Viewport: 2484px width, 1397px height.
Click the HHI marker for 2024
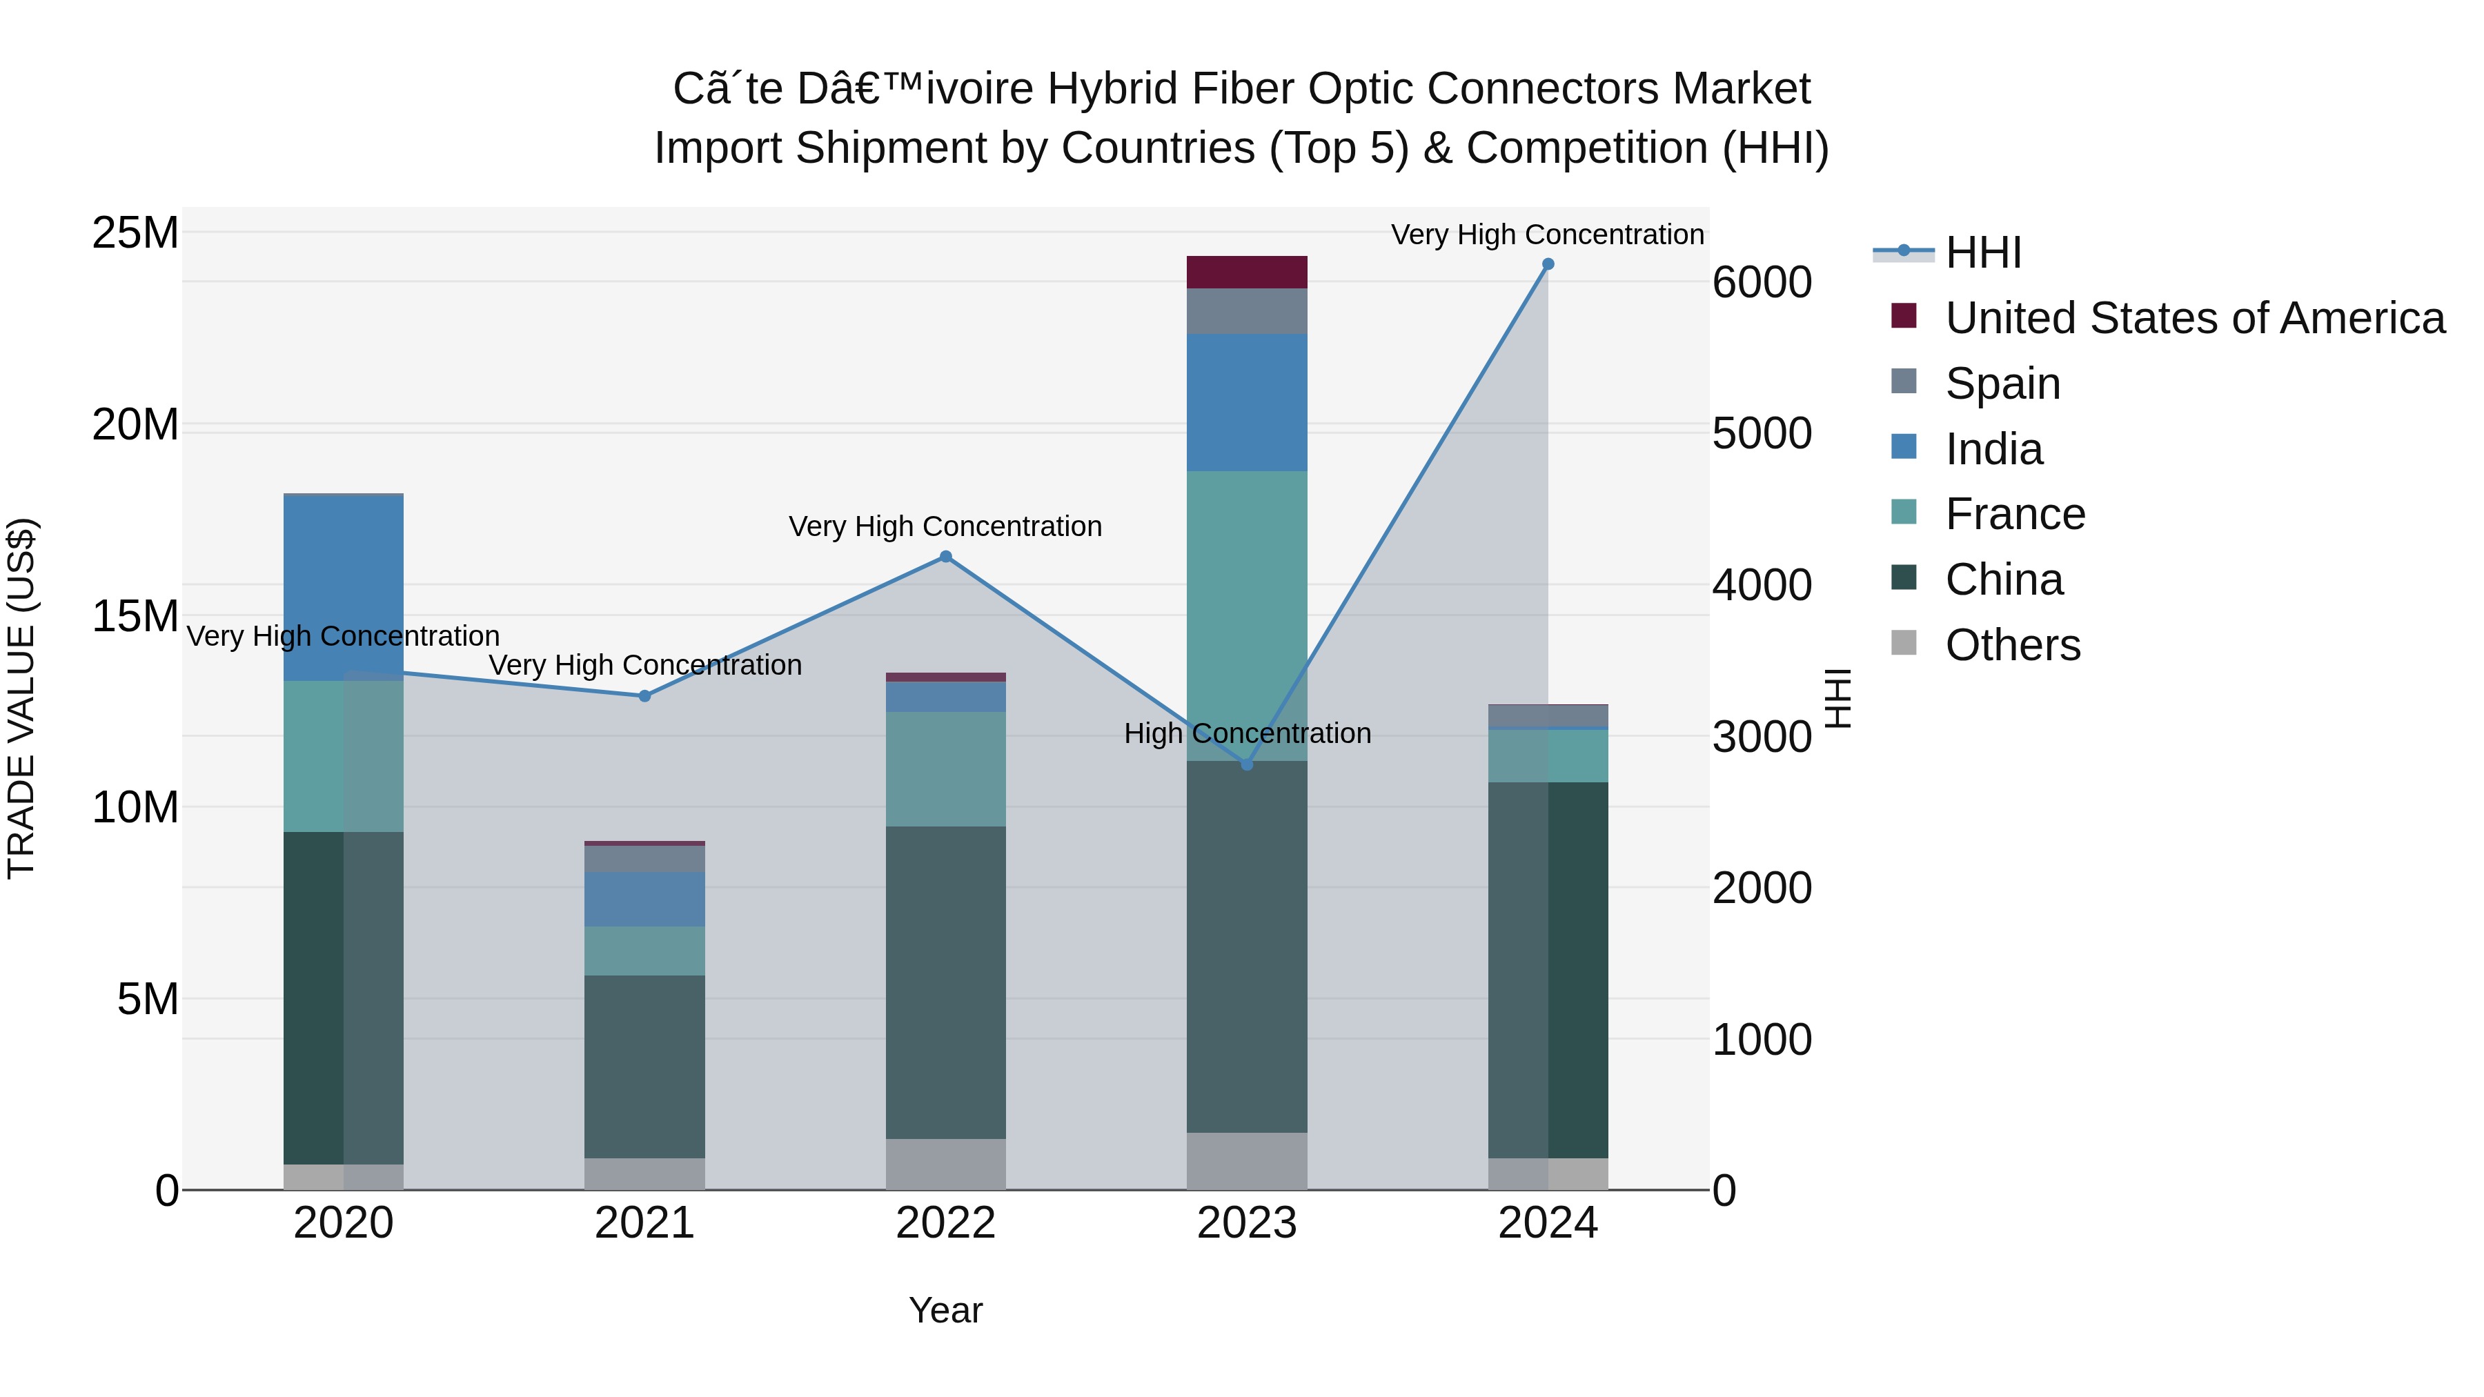(x=1548, y=264)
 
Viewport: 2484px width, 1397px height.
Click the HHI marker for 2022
(x=945, y=556)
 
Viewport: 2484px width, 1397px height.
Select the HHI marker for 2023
(x=1246, y=764)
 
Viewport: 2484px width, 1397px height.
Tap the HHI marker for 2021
(x=644, y=696)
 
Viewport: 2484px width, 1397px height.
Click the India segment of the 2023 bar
(x=1246, y=402)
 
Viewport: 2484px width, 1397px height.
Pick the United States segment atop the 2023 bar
(x=1246, y=272)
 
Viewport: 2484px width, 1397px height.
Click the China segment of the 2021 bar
(x=644, y=1067)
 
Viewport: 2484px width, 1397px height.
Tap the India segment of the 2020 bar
(x=344, y=588)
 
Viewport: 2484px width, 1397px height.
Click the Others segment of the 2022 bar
(x=945, y=1164)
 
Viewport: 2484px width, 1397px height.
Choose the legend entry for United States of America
(x=2194, y=318)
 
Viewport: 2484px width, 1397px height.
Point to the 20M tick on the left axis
(x=135, y=424)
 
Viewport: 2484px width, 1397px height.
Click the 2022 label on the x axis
(x=945, y=1223)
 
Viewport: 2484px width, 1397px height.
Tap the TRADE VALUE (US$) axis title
(x=21, y=698)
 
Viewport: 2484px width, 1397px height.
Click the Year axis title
(x=945, y=1310)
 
